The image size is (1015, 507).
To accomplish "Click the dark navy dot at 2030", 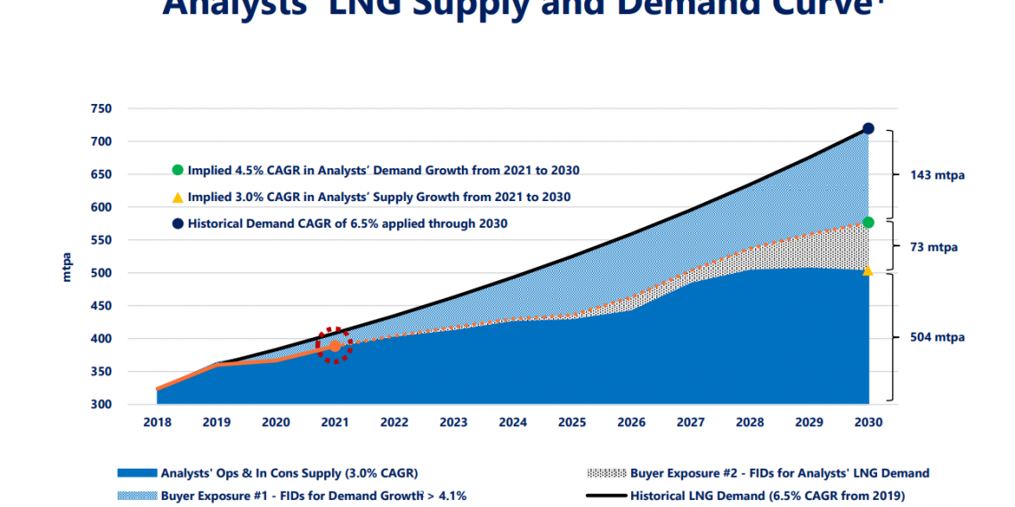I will pyautogui.click(x=868, y=129).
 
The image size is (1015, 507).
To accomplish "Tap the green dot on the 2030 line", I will pyautogui.click(x=868, y=222).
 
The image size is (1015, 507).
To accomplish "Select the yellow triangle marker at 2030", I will pyautogui.click(x=868, y=270).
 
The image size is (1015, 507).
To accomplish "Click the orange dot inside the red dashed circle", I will pyautogui.click(x=335, y=346).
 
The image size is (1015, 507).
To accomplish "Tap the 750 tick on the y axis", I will pyautogui.click(x=101, y=109).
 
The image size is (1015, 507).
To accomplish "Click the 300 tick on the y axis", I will pyautogui.click(x=101, y=405).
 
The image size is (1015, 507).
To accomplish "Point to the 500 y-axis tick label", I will pyautogui.click(x=101, y=273).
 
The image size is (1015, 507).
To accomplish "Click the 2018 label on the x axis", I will pyautogui.click(x=157, y=422).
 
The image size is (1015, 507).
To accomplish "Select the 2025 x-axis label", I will pyautogui.click(x=572, y=422).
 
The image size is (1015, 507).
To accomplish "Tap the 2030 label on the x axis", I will pyautogui.click(x=868, y=422).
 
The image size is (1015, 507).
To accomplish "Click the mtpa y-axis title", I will pyautogui.click(x=68, y=267).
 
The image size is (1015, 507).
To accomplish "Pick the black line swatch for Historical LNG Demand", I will pyautogui.click(x=605, y=495).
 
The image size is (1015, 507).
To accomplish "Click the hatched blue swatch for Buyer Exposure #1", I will pyautogui.click(x=137, y=495).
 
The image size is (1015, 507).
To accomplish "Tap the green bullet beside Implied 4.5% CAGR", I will pyautogui.click(x=177, y=170).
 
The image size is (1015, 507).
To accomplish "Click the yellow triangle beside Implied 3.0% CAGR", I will pyautogui.click(x=177, y=197).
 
